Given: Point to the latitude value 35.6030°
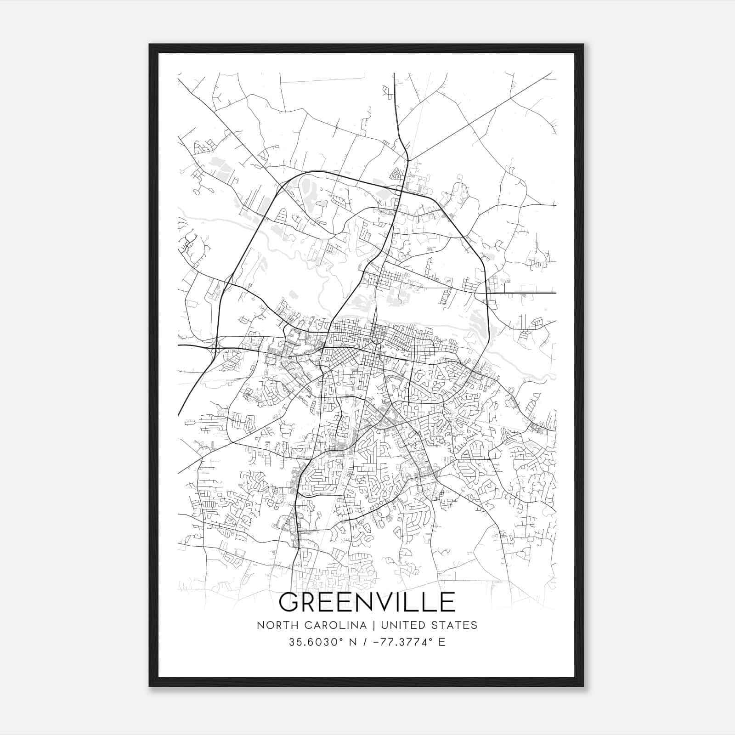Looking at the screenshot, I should click(x=317, y=642).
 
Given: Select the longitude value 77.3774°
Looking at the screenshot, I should click(x=406, y=642).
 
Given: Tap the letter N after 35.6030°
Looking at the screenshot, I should click(x=353, y=642).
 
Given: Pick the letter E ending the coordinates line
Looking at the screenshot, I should click(x=442, y=642).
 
